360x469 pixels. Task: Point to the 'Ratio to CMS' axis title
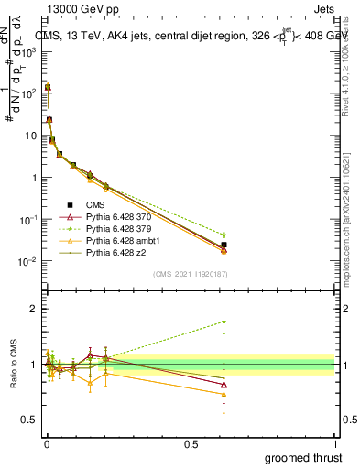point(12,366)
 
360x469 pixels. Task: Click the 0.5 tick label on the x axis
point(191,443)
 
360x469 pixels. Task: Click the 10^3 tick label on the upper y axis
point(27,51)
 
